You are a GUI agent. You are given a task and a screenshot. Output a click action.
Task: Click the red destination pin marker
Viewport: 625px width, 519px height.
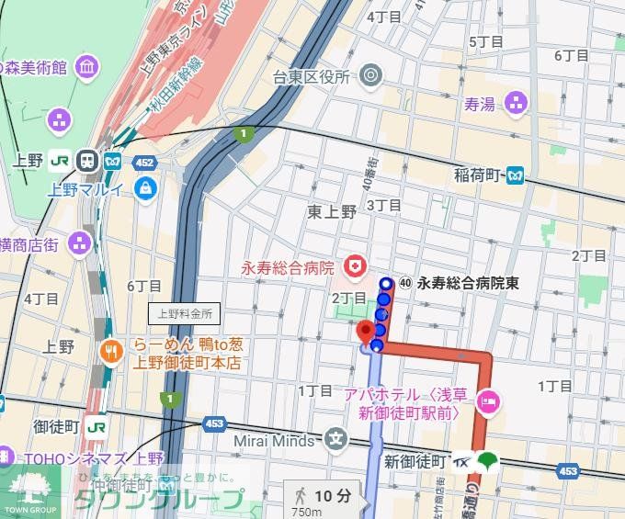(x=365, y=331)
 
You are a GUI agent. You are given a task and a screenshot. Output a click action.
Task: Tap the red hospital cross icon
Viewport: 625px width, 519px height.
(x=352, y=268)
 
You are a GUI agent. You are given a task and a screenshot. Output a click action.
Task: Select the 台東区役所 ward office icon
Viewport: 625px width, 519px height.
(x=371, y=75)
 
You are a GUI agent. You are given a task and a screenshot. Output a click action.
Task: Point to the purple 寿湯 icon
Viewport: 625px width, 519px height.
(x=516, y=103)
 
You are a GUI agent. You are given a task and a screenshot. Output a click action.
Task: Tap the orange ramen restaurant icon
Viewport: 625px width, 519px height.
(x=112, y=350)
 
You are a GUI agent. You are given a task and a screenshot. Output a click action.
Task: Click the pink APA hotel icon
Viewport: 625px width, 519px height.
(x=489, y=401)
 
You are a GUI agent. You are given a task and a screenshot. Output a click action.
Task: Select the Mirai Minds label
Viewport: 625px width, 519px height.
(x=273, y=440)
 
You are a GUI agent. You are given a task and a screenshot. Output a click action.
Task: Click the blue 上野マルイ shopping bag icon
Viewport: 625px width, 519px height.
(x=145, y=189)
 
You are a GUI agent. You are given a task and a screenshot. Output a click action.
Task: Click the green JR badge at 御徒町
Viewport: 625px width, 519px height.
(x=96, y=427)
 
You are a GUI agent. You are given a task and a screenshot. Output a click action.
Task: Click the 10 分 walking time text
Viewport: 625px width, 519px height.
(x=333, y=496)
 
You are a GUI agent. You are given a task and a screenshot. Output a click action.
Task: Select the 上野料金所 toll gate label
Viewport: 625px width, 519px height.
(x=185, y=313)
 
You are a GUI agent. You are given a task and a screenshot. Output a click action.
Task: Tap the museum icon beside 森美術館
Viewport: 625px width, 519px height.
(x=87, y=67)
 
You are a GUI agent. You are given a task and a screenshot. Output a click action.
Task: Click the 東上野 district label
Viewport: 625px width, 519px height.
(x=332, y=211)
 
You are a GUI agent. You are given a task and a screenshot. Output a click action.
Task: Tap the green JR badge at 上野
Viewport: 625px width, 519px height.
(x=61, y=159)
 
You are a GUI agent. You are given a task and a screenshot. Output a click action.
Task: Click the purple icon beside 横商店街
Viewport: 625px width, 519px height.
(x=81, y=243)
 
